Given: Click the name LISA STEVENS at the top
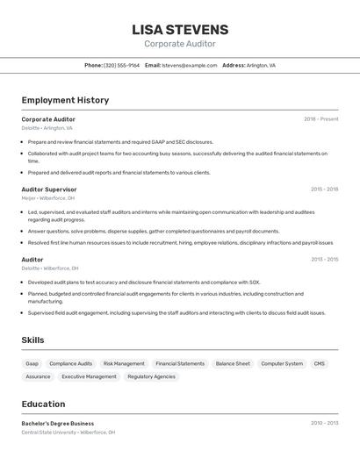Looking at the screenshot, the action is [180, 29].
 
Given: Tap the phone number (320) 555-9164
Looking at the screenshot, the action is [121, 65].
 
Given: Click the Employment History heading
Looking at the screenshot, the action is [65, 100].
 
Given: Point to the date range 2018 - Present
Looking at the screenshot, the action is [321, 119].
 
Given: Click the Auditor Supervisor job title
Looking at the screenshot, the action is [49, 190].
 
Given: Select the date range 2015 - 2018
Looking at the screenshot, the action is [324, 190].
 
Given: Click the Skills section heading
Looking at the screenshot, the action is [33, 340].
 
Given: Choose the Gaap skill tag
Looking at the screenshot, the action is [32, 363].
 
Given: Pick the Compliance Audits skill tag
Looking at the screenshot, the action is [70, 363].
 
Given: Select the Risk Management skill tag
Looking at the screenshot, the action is [124, 363].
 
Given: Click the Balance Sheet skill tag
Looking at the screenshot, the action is [233, 363].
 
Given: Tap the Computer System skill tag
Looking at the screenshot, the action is [282, 363].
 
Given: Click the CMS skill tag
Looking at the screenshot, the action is [319, 363].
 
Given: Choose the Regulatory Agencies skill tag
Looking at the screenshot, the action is [151, 376].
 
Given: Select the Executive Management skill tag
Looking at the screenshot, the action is [89, 376].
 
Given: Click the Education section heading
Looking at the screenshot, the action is [43, 404].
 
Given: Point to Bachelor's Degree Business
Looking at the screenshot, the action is [58, 423].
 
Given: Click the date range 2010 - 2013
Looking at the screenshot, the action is [324, 423].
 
